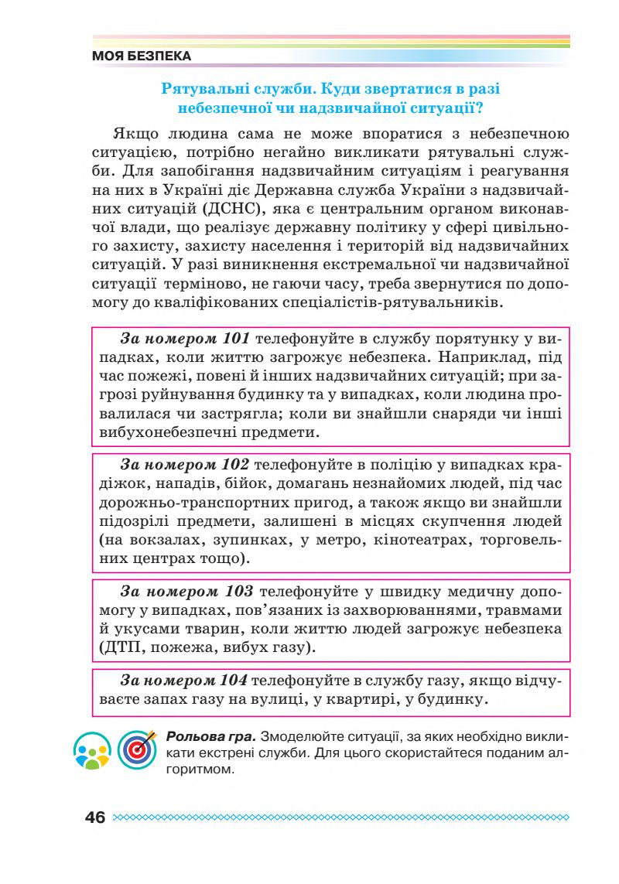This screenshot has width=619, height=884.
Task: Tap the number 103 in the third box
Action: (234, 592)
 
